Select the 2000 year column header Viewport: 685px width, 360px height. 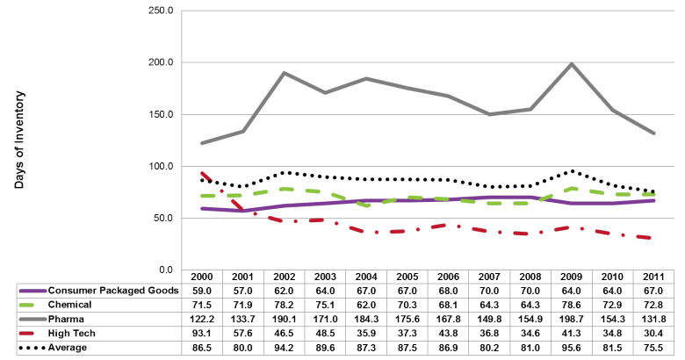coord(205,276)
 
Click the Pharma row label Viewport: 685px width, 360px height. coord(67,320)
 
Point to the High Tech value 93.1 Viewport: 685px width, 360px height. coord(205,335)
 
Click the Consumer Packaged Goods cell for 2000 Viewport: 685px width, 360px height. coord(205,291)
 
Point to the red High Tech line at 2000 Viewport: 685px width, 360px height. coord(205,174)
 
